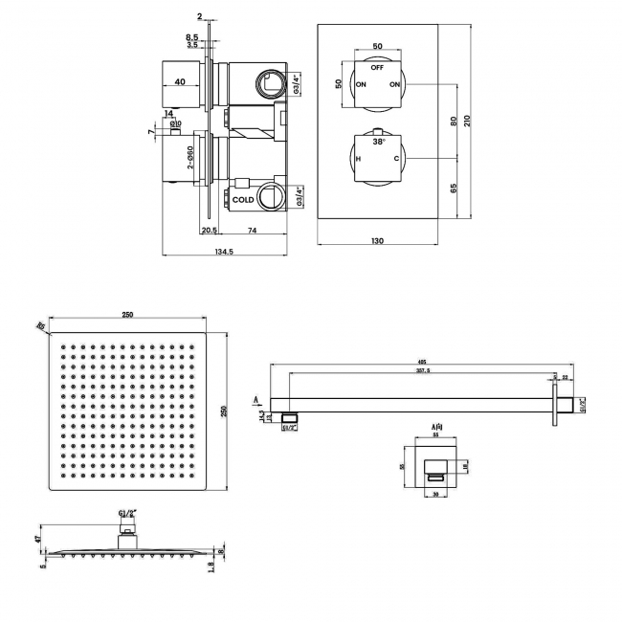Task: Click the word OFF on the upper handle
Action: [x=377, y=68]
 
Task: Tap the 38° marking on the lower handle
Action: [x=378, y=141]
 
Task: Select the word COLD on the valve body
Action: [x=243, y=200]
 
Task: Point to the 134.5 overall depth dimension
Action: [x=227, y=252]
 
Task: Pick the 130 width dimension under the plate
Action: [x=377, y=240]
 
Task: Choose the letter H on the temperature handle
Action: [x=358, y=159]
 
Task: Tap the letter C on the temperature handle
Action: [x=396, y=159]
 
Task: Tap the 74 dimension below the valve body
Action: [x=253, y=231]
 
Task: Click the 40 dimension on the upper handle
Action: [x=180, y=82]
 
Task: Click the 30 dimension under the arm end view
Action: [x=435, y=495]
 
